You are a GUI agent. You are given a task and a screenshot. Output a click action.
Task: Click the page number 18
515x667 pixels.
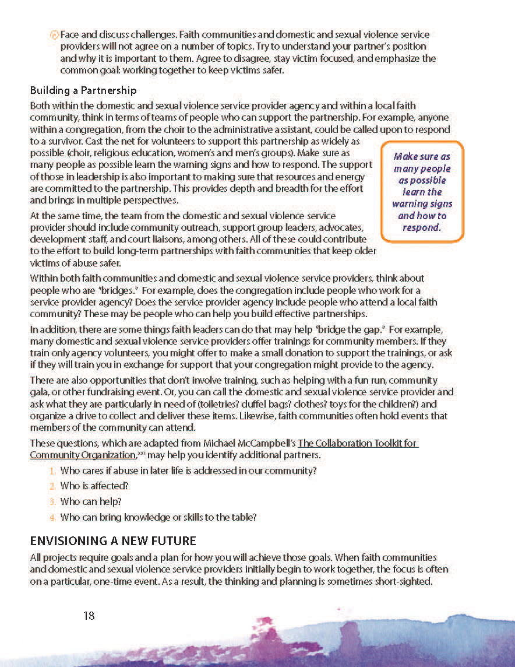pos(89,615)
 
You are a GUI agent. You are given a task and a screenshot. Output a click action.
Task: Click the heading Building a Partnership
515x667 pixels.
pos(83,90)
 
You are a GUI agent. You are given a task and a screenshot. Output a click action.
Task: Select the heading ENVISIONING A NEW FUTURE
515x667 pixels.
pos(113,540)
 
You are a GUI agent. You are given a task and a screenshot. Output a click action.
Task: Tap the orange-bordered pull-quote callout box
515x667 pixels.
pos(422,191)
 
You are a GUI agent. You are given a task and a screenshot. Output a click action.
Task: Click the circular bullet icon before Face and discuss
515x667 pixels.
pos(54,35)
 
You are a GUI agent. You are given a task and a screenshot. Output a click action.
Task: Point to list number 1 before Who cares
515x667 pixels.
pos(52,471)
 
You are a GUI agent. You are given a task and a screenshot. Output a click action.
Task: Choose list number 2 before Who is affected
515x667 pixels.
pos(52,486)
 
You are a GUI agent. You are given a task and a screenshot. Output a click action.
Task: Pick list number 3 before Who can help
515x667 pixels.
pos(52,501)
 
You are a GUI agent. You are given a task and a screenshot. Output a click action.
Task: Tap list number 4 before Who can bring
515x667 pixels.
pos(52,517)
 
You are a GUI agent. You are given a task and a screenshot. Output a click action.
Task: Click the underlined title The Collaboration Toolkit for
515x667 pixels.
pos(358,443)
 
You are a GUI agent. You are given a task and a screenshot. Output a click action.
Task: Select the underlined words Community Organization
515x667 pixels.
pos(83,455)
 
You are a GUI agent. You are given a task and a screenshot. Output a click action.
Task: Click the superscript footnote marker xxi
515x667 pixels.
pos(140,452)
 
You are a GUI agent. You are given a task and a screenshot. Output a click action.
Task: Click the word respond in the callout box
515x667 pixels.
pos(422,227)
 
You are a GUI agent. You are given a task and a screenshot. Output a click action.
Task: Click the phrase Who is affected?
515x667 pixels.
pos(94,486)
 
